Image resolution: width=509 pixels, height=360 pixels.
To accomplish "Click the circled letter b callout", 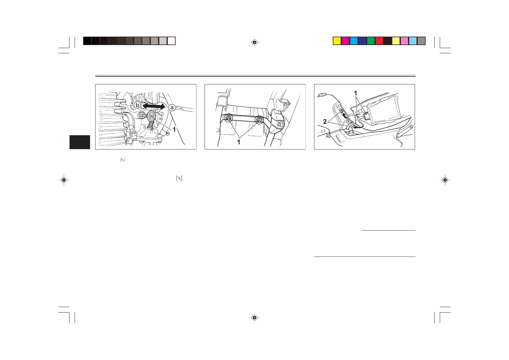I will [138, 105].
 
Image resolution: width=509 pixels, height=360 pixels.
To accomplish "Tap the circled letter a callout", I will [172, 107].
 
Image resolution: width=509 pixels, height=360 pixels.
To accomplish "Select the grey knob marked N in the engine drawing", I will [152, 116].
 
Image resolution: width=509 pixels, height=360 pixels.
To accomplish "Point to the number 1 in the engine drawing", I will [174, 129].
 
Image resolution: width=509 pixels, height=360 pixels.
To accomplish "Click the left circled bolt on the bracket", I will [229, 118].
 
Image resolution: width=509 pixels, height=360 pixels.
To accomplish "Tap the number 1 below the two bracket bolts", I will [239, 142].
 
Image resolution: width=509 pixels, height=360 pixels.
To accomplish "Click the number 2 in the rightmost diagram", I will [325, 122].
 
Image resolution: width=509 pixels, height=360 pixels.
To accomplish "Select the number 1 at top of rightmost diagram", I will [356, 93].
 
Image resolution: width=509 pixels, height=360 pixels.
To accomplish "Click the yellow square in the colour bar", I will [337, 41].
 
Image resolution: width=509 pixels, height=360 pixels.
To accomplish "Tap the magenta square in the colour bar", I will [345, 41].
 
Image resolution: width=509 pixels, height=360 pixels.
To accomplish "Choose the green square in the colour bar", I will [371, 41].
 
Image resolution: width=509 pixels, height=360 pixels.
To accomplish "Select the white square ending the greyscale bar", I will [171, 41].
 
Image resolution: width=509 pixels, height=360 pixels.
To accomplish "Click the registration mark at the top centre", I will [254, 43].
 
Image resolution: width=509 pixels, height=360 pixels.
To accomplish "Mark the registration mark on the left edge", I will [64, 180].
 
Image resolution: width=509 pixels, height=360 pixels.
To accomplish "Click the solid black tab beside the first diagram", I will [80, 142].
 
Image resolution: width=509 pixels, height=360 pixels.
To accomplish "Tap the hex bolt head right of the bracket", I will [280, 124].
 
